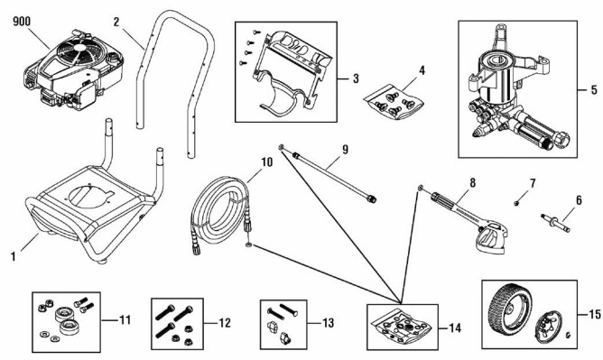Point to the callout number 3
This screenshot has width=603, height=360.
pyautogui.click(x=357, y=78)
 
